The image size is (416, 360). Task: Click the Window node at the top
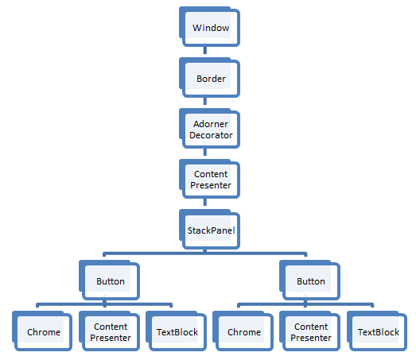pyautogui.click(x=210, y=28)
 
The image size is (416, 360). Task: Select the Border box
pyautogui.click(x=210, y=79)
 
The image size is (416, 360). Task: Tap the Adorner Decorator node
pyautogui.click(x=210, y=129)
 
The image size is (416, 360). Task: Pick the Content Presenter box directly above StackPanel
pyautogui.click(x=210, y=180)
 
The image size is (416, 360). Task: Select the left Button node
pyautogui.click(x=110, y=281)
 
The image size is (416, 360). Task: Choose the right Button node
pyautogui.click(x=311, y=281)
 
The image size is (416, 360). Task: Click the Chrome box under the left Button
pyautogui.click(x=43, y=331)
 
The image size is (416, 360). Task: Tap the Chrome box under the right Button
pyautogui.click(x=244, y=331)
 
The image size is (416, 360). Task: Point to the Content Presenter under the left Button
pyautogui.click(x=110, y=331)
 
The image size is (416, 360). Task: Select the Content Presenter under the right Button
pyautogui.click(x=311, y=331)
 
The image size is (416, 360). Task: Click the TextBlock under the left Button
pyautogui.click(x=177, y=331)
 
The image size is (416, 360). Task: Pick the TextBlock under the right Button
pyautogui.click(x=378, y=331)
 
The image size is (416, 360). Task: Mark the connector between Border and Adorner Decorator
pyautogui.click(x=205, y=103)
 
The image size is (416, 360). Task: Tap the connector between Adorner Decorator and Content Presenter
pyautogui.click(x=205, y=154)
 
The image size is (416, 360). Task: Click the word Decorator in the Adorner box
pyautogui.click(x=211, y=135)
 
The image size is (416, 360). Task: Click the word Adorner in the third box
pyautogui.click(x=211, y=124)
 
